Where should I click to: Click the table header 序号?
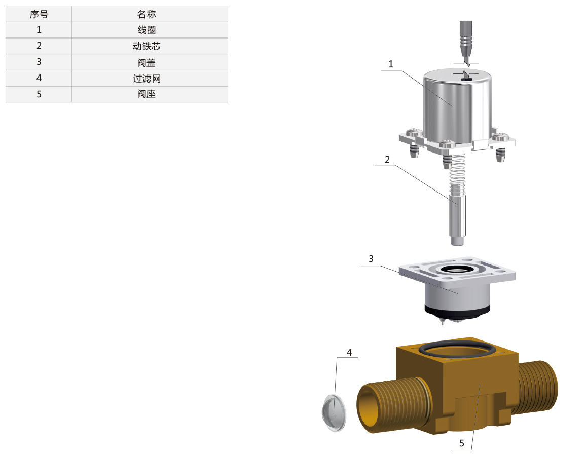pyautogui.click(x=39, y=14)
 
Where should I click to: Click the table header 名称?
pyautogui.click(x=146, y=14)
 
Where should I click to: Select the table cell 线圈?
pyautogui.click(x=146, y=30)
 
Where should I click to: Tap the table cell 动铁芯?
pyautogui.click(x=146, y=46)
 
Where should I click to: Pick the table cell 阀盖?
pyautogui.click(x=146, y=62)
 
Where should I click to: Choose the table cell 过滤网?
pyautogui.click(x=146, y=79)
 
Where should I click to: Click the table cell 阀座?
pyautogui.click(x=146, y=94)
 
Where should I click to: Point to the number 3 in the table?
pyautogui.click(x=39, y=62)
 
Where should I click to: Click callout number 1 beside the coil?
pyautogui.click(x=390, y=64)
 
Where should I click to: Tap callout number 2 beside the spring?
pyautogui.click(x=387, y=160)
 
